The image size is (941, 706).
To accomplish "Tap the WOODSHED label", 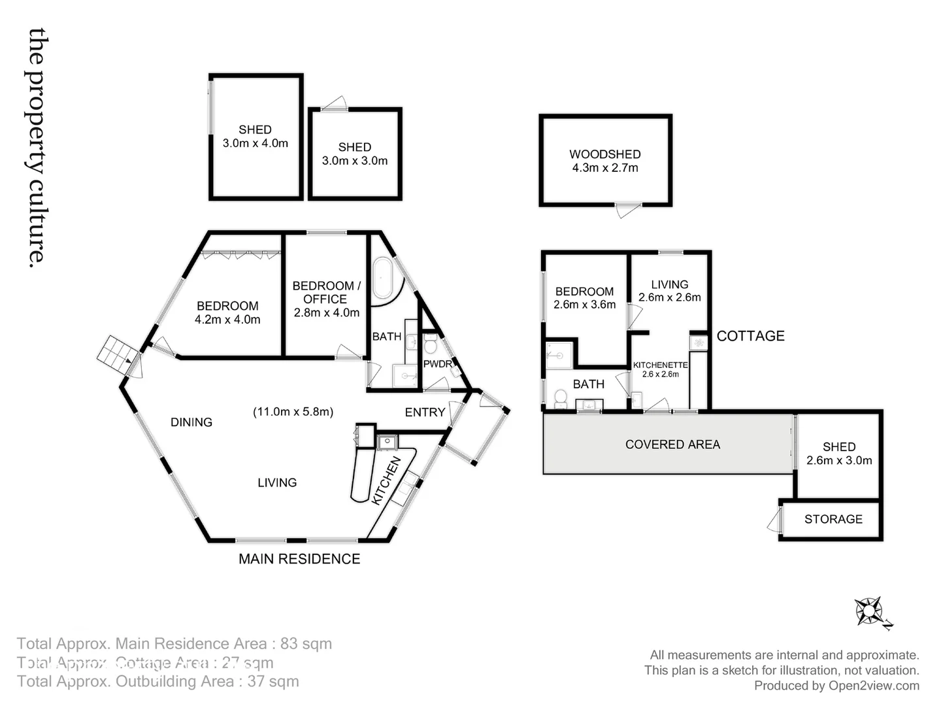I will tap(604, 154).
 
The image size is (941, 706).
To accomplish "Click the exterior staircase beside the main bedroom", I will tap(117, 354).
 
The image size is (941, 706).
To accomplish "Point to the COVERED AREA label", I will tap(672, 445).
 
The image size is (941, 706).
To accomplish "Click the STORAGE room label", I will tap(833, 519).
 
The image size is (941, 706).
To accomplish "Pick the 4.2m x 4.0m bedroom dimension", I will tap(227, 320).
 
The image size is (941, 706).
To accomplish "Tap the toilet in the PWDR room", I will tap(430, 345).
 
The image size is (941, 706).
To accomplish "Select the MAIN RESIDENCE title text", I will tap(299, 559).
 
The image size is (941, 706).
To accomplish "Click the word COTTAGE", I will tap(750, 336).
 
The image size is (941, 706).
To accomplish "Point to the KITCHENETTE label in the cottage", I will tap(660, 365).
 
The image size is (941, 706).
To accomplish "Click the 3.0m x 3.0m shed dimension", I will tap(354, 161).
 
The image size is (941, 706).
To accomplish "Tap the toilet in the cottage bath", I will tap(560, 397).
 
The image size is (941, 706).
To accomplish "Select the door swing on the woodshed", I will tap(627, 211).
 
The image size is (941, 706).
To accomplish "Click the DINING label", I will tap(191, 422).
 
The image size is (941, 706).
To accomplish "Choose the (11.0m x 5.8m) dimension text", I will tap(293, 412).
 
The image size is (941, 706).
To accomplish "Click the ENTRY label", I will tap(425, 412).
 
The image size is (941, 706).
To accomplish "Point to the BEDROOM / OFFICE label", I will tap(326, 292).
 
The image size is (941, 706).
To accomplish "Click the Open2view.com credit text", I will tap(874, 686).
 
